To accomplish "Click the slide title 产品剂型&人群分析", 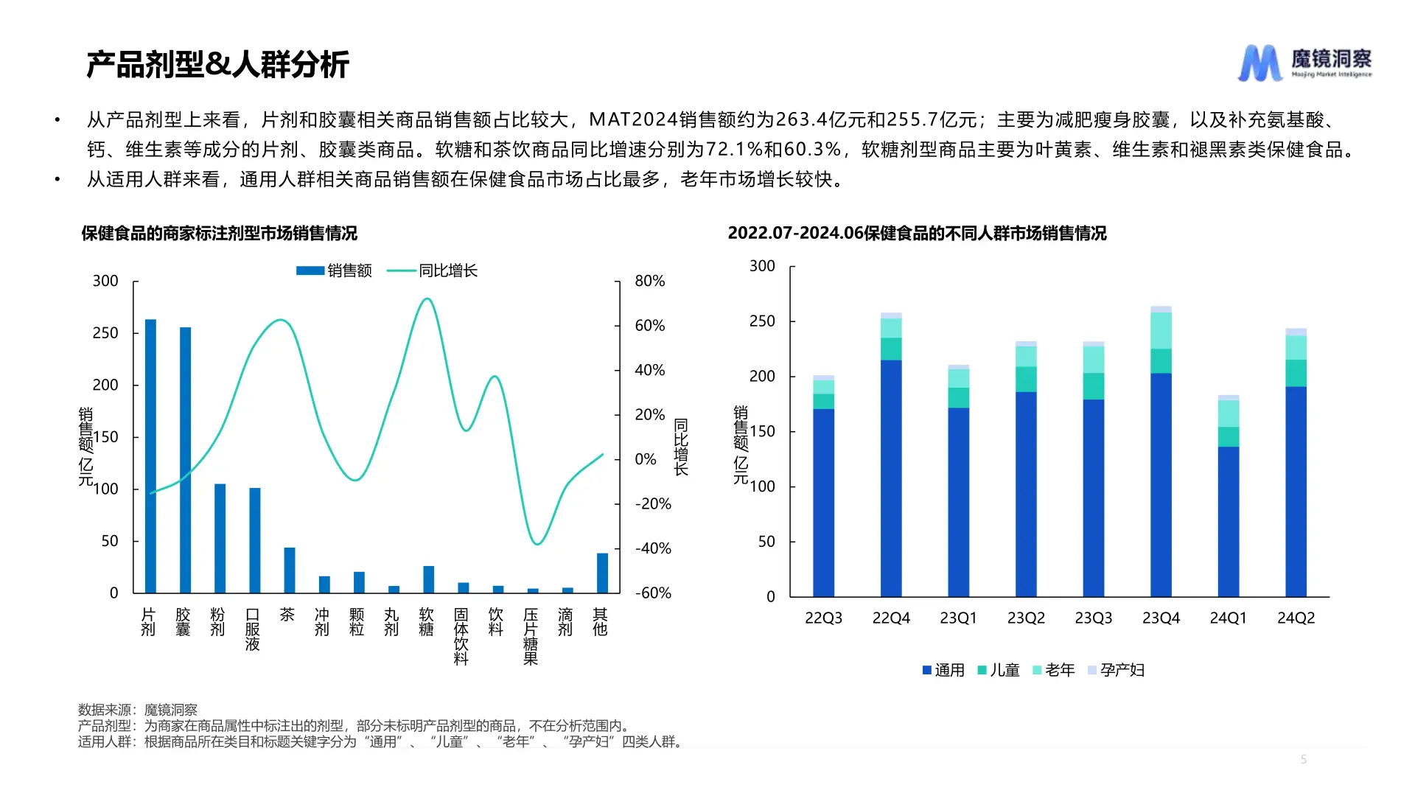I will pyautogui.click(x=217, y=65).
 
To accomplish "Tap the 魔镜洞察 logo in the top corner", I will pyautogui.click(x=1304, y=63).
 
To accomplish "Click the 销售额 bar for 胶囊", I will pyautogui.click(x=185, y=460).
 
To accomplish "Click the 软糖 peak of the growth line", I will pyautogui.click(x=427, y=299).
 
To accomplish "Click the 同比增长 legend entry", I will pyautogui.click(x=433, y=270).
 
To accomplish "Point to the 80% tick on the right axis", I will pyautogui.click(x=649, y=281).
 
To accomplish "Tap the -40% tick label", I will pyautogui.click(x=653, y=548).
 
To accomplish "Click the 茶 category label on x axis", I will pyautogui.click(x=287, y=615).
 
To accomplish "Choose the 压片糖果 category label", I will pyautogui.click(x=531, y=636).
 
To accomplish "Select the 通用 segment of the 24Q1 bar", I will pyautogui.click(x=1228, y=521).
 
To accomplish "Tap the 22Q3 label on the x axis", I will pyautogui.click(x=823, y=618).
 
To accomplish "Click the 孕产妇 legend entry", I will pyautogui.click(x=1116, y=670).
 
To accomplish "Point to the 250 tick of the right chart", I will pyautogui.click(x=762, y=321).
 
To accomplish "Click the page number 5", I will pyautogui.click(x=1303, y=759).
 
